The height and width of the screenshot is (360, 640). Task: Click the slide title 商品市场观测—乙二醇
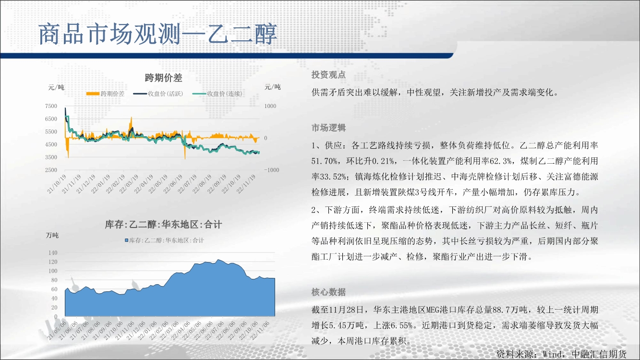[x=157, y=34]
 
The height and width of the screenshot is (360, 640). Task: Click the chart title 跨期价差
[x=163, y=78]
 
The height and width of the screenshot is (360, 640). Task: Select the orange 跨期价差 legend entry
[x=106, y=94]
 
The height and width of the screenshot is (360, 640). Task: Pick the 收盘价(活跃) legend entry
[x=158, y=94]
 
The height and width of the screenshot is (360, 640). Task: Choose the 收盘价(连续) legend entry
[x=217, y=94]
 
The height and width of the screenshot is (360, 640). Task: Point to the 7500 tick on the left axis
[x=51, y=106]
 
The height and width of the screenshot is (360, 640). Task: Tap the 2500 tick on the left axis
[x=51, y=170]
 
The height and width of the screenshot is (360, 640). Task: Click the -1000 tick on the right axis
[x=271, y=170]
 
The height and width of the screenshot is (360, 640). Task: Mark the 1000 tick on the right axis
[x=270, y=106]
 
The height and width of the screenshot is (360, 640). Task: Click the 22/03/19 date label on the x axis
[x=129, y=184]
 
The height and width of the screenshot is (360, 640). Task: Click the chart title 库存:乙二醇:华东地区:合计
[x=163, y=225]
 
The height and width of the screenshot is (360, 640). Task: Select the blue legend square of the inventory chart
[x=127, y=240]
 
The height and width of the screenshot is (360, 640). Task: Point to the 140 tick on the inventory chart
[x=53, y=253]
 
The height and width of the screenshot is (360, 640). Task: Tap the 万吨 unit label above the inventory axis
[x=52, y=235]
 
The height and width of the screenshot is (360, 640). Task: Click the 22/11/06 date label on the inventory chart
[x=260, y=330]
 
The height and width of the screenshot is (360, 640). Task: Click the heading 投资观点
[x=328, y=75]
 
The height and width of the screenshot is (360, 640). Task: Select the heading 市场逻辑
[x=328, y=128]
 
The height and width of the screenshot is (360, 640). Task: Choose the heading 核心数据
[x=328, y=292]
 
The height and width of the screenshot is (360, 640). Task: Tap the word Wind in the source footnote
[x=553, y=354]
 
